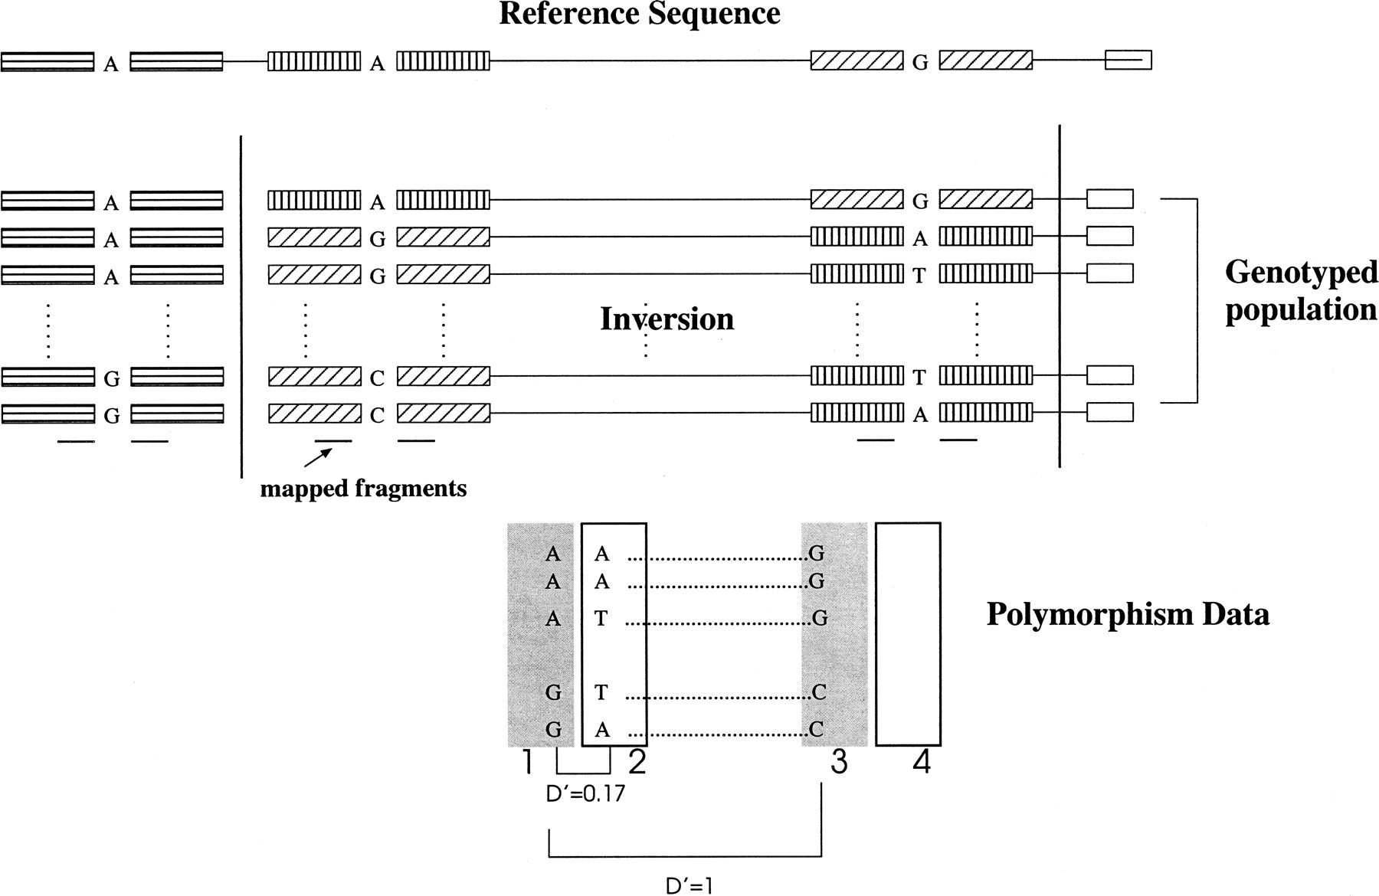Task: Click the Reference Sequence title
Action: click(x=640, y=14)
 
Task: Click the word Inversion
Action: click(x=667, y=319)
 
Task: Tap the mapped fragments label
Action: click(x=363, y=488)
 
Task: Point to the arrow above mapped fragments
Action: click(x=319, y=457)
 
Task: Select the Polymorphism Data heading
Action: click(x=1128, y=614)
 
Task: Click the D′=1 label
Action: click(x=690, y=885)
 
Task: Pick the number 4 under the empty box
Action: click(x=922, y=762)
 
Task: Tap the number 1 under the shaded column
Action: click(x=527, y=762)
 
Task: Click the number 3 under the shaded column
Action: click(x=839, y=762)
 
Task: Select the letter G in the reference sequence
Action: click(x=920, y=64)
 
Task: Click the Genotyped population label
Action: click(x=1301, y=291)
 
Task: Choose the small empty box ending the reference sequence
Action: click(x=1128, y=60)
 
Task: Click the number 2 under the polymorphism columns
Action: click(x=637, y=762)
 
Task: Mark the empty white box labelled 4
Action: click(x=908, y=634)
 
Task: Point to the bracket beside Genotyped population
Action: click(x=1196, y=300)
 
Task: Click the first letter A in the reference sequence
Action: click(x=111, y=64)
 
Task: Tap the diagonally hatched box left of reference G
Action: click(x=857, y=60)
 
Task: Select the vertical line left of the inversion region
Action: click(x=241, y=306)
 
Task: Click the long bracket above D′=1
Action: click(x=685, y=855)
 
